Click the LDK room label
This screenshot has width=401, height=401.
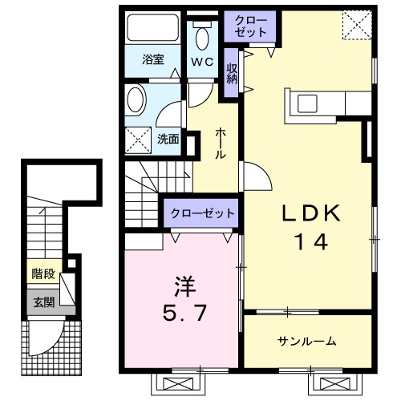311,213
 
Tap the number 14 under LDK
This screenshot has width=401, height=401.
311,241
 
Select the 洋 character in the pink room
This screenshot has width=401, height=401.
183,285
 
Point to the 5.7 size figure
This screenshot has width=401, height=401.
183,312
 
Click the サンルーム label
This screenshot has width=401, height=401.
307,342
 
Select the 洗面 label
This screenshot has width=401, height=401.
167,138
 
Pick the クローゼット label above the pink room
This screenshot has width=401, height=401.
201,213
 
